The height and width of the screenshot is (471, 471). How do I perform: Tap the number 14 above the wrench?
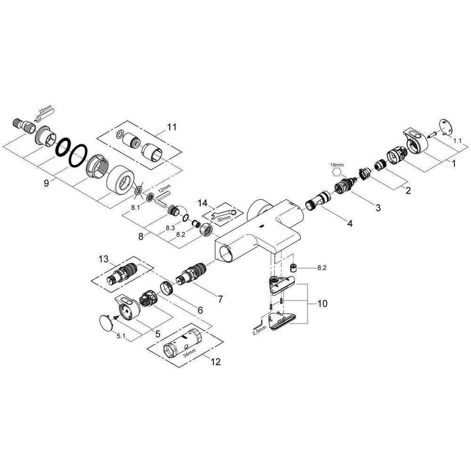pyautogui.click(x=203, y=203)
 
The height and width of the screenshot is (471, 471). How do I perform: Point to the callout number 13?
pyautogui.click(x=104, y=259)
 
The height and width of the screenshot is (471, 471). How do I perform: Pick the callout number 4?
pyautogui.click(x=349, y=224)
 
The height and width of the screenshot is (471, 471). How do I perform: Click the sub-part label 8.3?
pyautogui.click(x=171, y=227)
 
